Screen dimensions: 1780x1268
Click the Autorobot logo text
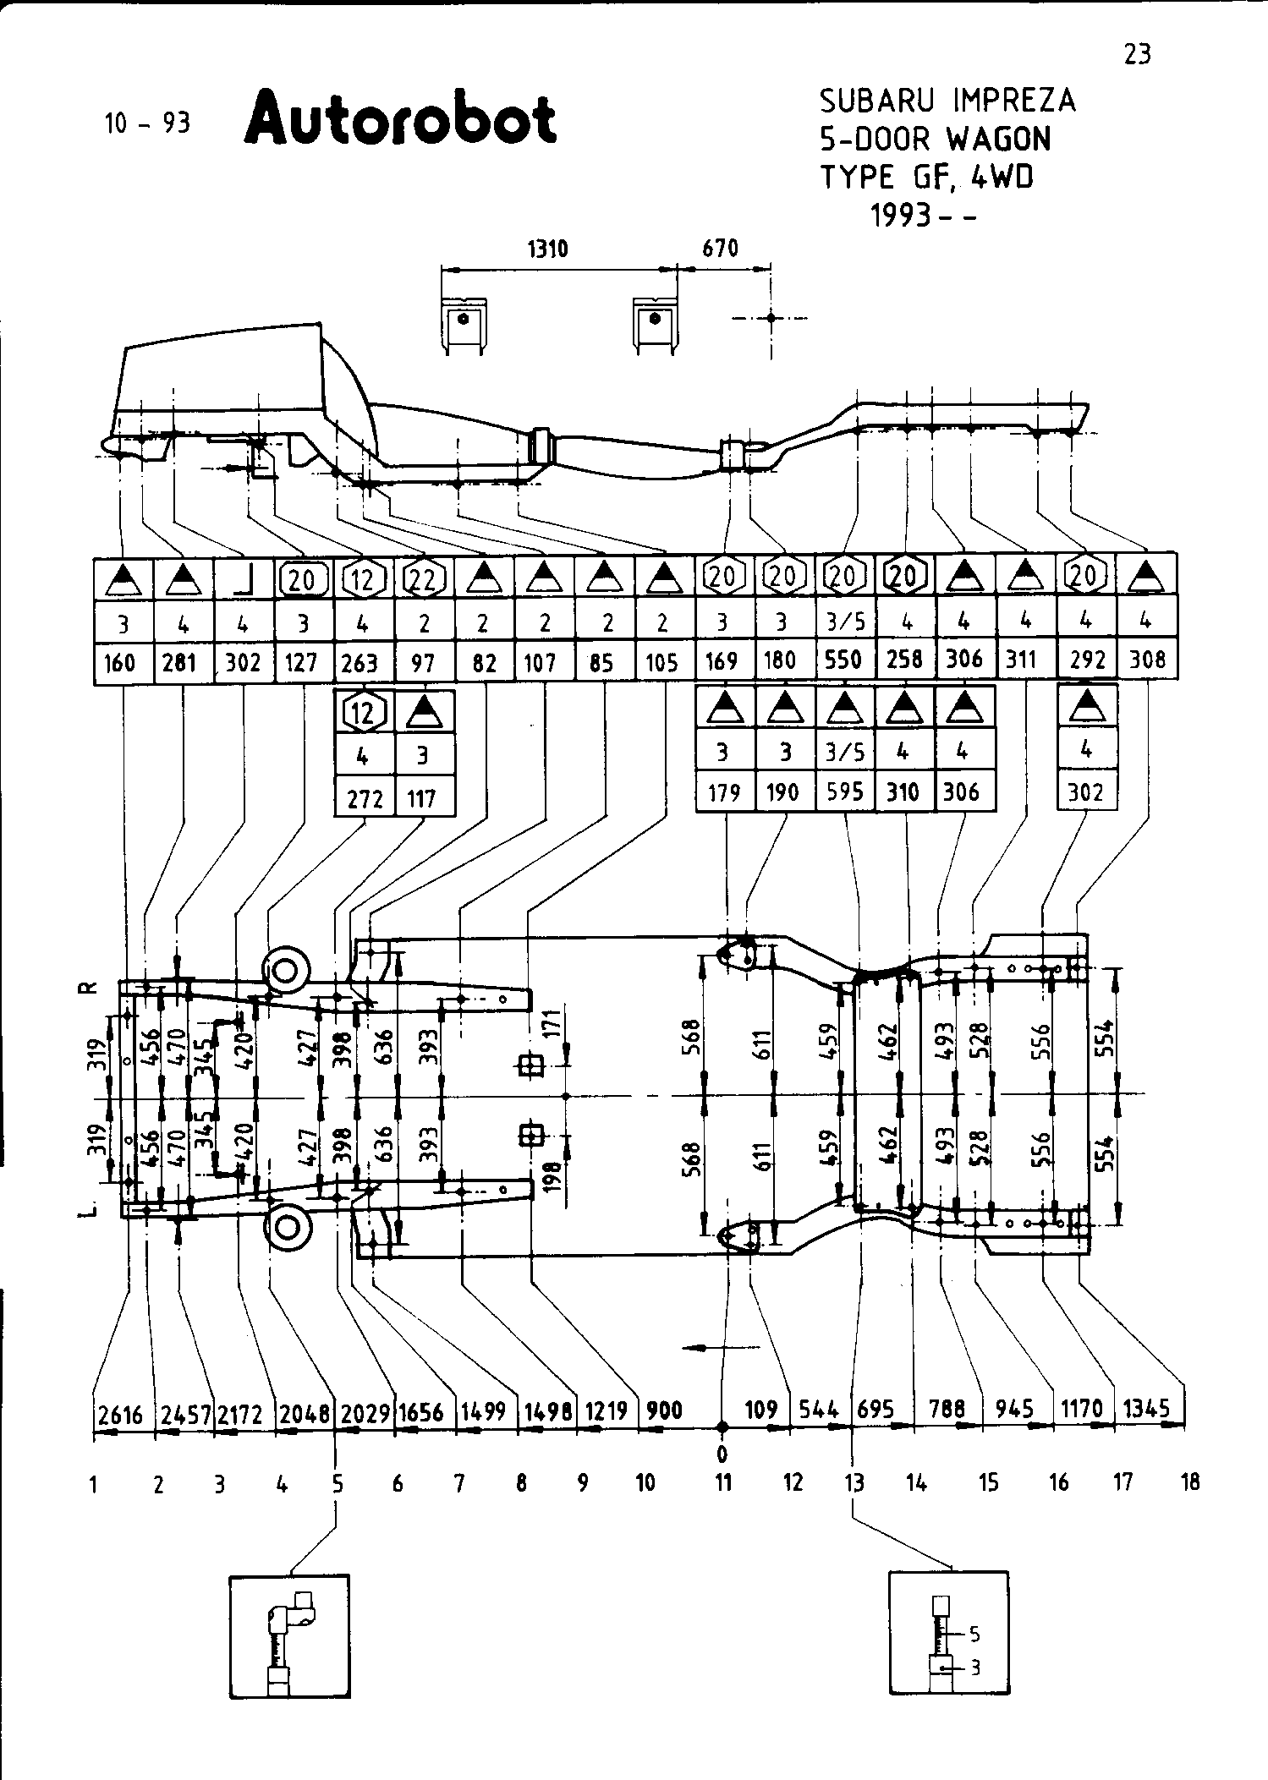(400, 119)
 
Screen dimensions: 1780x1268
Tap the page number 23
(1137, 55)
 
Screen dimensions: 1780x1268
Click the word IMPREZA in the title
(1013, 101)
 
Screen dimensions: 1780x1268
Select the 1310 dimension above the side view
(548, 249)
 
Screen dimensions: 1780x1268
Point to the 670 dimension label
(721, 249)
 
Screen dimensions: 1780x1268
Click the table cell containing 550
(843, 660)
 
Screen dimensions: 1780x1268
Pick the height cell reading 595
(845, 791)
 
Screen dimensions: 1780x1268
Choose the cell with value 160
(120, 663)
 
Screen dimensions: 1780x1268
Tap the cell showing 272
(365, 797)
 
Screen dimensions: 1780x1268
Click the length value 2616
(121, 1414)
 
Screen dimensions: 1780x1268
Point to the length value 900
(664, 1410)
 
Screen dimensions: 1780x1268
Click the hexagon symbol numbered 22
(423, 578)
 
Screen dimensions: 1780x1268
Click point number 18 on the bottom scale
(1190, 1482)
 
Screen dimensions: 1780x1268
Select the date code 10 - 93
(147, 123)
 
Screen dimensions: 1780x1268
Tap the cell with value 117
(422, 797)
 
